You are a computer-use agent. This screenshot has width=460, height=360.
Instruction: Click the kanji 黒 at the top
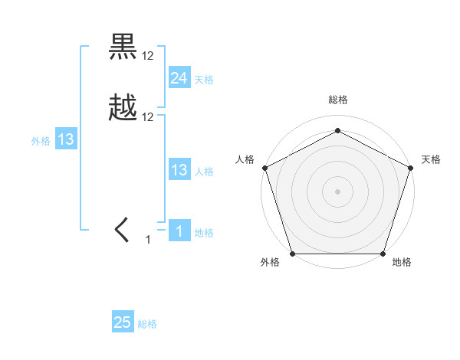coord(123,47)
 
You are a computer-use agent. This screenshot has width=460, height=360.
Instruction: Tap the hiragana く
coord(123,229)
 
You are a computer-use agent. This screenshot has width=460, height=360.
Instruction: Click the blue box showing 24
coord(179,77)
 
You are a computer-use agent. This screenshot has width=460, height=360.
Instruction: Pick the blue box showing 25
coord(122,322)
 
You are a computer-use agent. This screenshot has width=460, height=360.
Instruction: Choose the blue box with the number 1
coord(179,231)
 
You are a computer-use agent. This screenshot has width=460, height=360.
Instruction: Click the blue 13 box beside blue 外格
coord(66,139)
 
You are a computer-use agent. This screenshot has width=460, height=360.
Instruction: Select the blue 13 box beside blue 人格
coord(179,170)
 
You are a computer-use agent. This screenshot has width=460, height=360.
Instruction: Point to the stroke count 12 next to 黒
coord(148,55)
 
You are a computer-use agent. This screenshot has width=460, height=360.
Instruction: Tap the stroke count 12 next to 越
coord(148,116)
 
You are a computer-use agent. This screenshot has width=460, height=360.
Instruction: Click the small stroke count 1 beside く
coord(148,240)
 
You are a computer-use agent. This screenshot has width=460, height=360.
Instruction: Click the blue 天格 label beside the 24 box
coord(204,80)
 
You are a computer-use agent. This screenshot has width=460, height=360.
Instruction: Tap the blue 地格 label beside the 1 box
coord(204,233)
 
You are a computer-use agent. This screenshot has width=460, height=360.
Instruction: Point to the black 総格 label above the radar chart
coord(337,100)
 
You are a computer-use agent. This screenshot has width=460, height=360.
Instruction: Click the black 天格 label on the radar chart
coord(431,159)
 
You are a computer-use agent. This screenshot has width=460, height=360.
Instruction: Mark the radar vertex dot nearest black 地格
coord(383,254)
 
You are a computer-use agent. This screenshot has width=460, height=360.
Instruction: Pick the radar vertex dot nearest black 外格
coord(292,254)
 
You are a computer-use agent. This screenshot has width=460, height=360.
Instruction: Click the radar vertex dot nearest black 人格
coord(264,167)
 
